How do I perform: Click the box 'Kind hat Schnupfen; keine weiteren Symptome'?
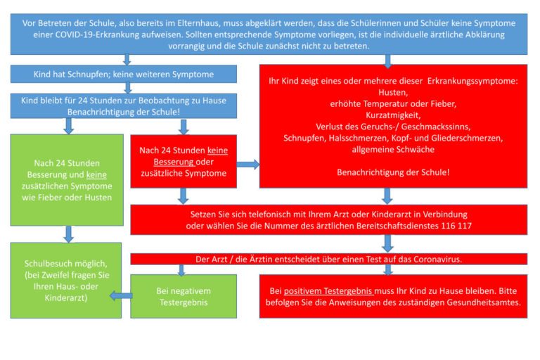[124, 74]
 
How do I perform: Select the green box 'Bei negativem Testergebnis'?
[184, 296]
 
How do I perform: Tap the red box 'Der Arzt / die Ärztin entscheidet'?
[328, 259]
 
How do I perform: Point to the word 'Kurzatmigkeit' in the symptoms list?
[393, 115]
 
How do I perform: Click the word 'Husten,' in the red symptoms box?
[393, 92]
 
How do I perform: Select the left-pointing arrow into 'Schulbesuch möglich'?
[121, 295]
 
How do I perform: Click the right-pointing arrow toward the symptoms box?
[248, 165]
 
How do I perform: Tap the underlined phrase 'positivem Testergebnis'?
[328, 291]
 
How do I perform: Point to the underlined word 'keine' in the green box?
[96, 174]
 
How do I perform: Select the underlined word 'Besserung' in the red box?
[174, 162]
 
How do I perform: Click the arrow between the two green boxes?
[68, 234]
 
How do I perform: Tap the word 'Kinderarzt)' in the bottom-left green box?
[66, 298]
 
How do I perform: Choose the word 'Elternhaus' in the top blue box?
[198, 23]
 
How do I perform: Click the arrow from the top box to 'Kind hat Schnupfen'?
[127, 60]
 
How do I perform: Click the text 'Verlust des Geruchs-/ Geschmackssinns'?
[393, 127]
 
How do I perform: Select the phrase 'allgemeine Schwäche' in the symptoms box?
[393, 150]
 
